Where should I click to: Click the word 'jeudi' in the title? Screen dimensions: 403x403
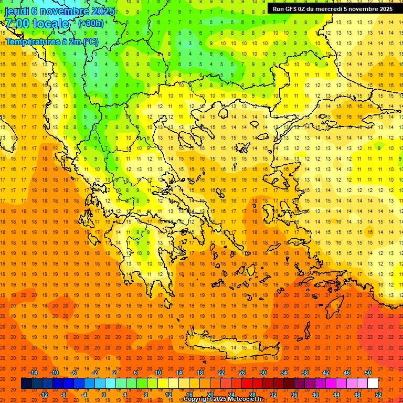pos(16,10)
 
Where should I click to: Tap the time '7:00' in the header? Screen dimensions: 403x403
pos(17,24)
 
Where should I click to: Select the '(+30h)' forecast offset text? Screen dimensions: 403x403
pos(91,24)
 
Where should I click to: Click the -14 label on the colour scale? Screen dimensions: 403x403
pos(34,372)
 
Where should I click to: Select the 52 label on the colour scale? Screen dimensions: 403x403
pos(378,394)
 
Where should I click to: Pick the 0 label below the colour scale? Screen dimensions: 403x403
pos(103,394)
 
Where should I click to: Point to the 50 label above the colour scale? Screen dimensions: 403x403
pos(368,372)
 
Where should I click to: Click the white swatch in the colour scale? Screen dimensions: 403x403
pos(373,383)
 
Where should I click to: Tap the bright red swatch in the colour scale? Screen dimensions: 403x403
pos(247,383)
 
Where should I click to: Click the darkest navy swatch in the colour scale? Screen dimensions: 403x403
pos(26,383)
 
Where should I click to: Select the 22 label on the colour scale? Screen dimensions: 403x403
pos(221,372)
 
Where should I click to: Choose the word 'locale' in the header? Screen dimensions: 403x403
pos(50,24)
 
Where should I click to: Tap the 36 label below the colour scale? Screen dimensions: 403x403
pos(294,394)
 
